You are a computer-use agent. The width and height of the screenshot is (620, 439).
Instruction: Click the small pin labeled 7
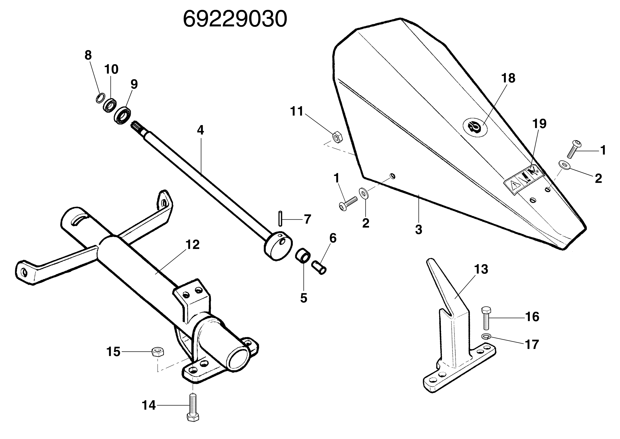(280, 219)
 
